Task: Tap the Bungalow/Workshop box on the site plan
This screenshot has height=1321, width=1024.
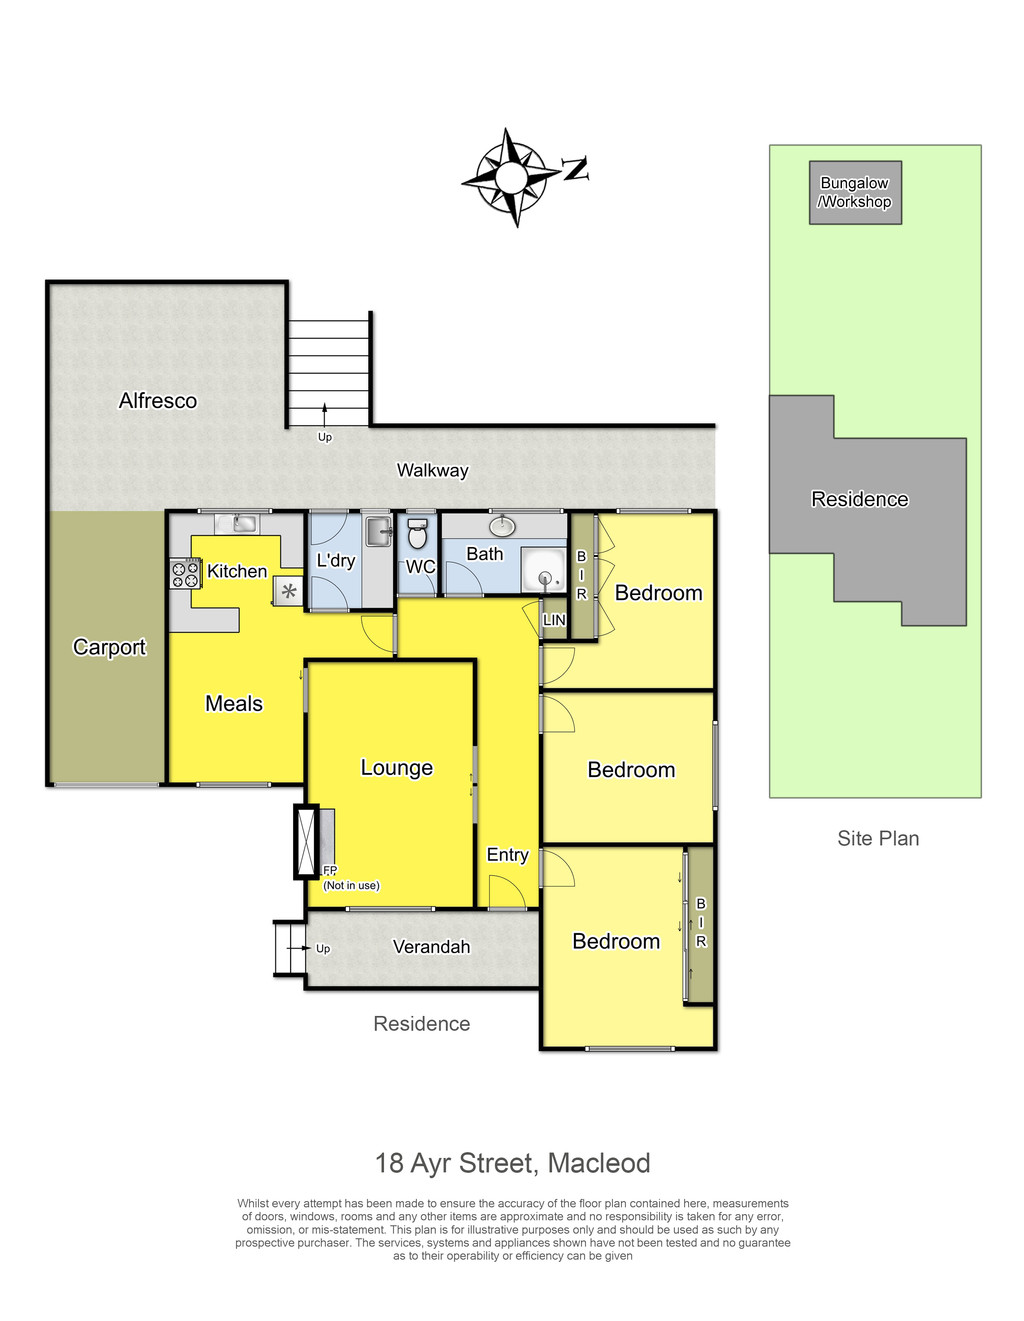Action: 854,192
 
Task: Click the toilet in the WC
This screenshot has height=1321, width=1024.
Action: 416,533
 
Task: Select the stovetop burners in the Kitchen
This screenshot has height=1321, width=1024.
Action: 185,574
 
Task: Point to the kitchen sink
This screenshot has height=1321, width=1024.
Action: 237,523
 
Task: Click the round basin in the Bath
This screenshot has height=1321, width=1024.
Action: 501,526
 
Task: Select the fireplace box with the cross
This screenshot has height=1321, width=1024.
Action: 306,841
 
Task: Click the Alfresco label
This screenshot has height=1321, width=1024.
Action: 157,401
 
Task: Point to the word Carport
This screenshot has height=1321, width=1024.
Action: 109,647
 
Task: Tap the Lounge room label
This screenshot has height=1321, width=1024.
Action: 396,767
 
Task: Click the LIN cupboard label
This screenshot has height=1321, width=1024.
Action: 554,620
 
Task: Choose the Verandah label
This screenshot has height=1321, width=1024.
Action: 431,947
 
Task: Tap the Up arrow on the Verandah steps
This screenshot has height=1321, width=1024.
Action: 298,948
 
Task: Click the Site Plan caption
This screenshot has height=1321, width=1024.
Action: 878,838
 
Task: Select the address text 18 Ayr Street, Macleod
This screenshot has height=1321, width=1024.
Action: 512,1163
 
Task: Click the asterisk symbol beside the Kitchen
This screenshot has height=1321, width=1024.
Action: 289,590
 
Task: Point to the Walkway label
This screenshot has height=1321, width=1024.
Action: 432,470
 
